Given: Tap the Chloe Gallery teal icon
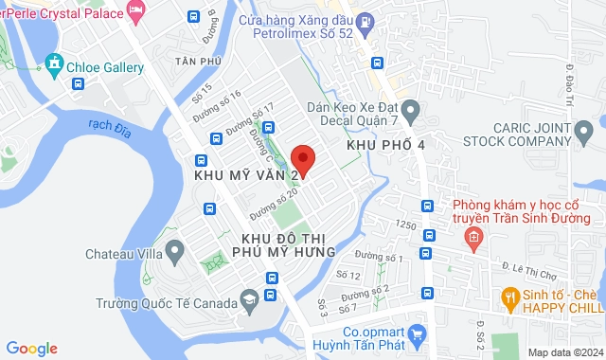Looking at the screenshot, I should point(53,66).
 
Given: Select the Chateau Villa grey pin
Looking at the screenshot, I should point(174,251).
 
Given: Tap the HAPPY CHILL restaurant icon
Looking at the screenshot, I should point(509,297).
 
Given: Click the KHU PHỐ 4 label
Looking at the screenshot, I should point(386,145).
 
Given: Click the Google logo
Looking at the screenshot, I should point(31,348).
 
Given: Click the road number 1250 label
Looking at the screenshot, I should point(406,225).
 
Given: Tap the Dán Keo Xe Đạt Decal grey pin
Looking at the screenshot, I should point(410,112).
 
